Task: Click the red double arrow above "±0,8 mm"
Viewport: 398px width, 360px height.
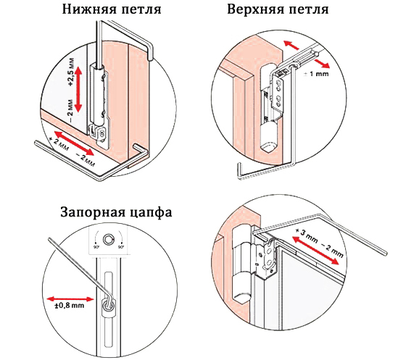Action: point(70,298)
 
